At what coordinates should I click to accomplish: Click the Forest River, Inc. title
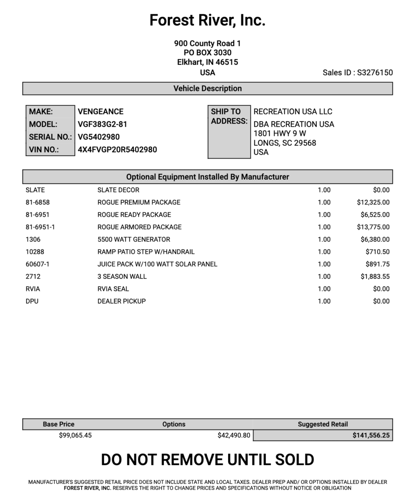[x=207, y=20]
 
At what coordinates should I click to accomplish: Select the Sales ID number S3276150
[x=375, y=72]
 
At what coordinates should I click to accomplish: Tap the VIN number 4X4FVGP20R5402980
[x=117, y=150]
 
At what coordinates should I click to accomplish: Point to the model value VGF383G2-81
[x=102, y=124]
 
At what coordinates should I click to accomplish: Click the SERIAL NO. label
[x=50, y=137]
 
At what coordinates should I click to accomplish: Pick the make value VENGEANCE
[x=101, y=111]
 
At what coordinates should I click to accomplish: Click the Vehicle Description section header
[x=207, y=88]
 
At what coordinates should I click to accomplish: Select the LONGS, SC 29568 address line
[x=285, y=143]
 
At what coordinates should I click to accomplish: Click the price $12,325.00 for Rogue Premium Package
[x=373, y=202]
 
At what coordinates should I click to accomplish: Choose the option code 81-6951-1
[x=40, y=227]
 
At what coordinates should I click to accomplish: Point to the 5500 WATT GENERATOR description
[x=134, y=239]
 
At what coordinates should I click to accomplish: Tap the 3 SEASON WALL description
[x=122, y=276]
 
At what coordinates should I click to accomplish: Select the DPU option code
[x=32, y=301]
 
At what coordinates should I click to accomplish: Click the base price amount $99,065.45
[x=75, y=435]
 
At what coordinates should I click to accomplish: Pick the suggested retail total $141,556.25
[x=371, y=435]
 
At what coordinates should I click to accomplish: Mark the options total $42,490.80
[x=234, y=435]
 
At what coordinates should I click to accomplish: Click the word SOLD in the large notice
[x=294, y=460]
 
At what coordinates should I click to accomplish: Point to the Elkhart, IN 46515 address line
[x=207, y=62]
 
